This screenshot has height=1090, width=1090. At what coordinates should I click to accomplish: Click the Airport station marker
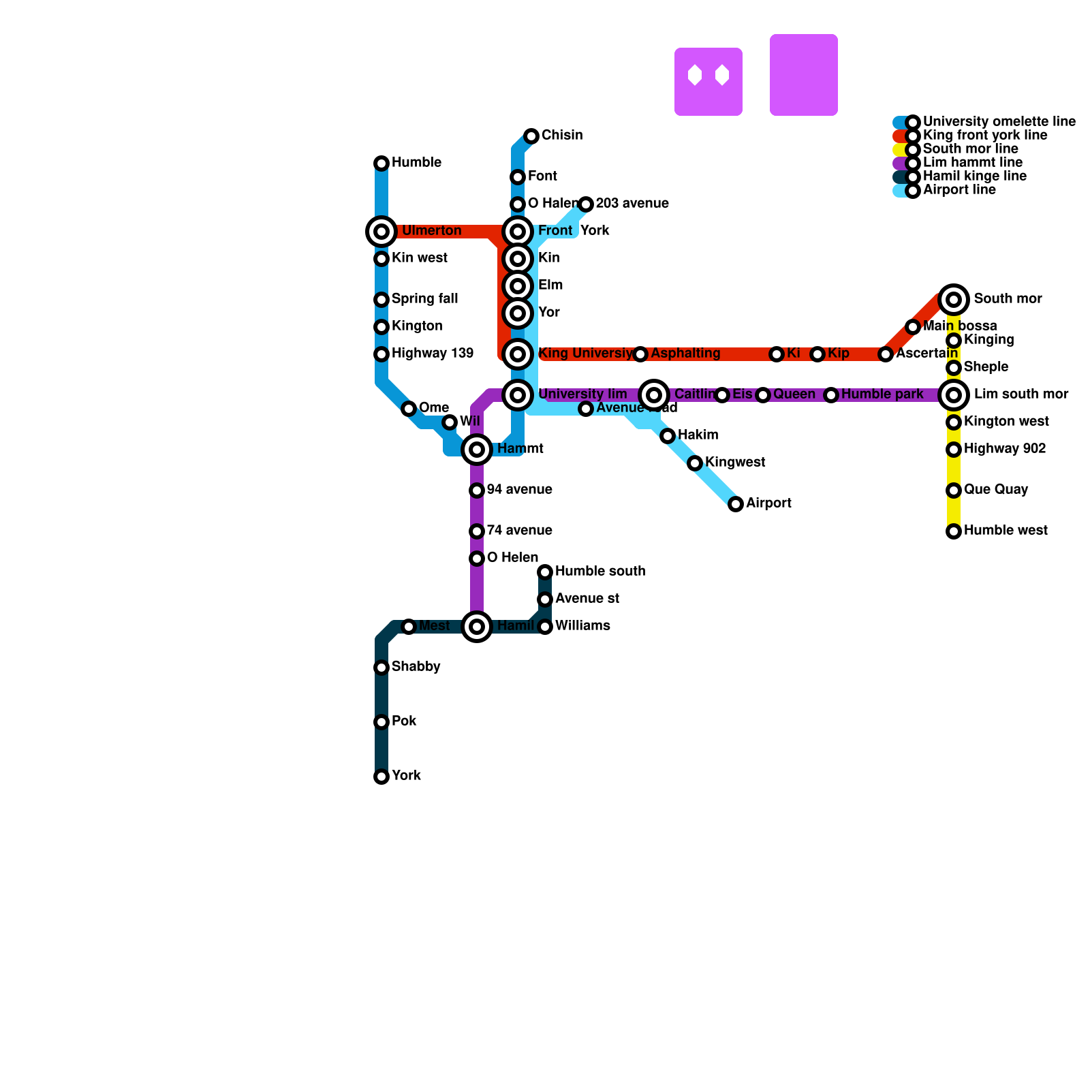(x=736, y=504)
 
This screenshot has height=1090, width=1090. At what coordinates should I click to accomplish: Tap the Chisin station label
(x=562, y=136)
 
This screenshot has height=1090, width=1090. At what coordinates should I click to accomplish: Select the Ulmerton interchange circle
(x=381, y=232)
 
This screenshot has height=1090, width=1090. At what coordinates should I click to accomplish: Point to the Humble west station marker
(x=954, y=531)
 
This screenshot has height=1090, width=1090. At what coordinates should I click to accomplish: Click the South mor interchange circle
(x=954, y=300)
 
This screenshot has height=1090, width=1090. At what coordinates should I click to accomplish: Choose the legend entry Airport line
(x=959, y=190)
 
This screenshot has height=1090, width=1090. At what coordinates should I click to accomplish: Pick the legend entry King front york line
(x=984, y=136)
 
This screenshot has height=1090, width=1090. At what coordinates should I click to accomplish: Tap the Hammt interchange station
(x=477, y=450)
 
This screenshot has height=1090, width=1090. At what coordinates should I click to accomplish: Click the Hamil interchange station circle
(x=477, y=627)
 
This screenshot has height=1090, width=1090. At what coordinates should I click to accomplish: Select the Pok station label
(x=404, y=721)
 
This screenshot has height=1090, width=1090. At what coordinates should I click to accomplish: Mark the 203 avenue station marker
(x=586, y=204)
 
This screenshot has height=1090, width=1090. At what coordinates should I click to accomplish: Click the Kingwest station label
(x=735, y=463)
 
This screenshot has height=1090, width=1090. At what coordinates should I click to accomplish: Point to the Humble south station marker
(x=545, y=572)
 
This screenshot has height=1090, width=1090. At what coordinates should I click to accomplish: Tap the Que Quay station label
(x=996, y=490)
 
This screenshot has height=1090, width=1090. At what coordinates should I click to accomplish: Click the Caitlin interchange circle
(x=654, y=395)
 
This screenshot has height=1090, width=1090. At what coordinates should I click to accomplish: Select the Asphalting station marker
(x=640, y=354)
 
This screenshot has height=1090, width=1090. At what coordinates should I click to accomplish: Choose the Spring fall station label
(x=424, y=299)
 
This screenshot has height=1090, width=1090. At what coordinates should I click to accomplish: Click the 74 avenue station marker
(x=477, y=531)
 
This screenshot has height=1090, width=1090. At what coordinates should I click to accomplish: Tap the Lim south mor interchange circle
(x=954, y=395)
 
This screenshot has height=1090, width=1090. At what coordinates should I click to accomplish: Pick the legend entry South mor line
(x=970, y=149)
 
